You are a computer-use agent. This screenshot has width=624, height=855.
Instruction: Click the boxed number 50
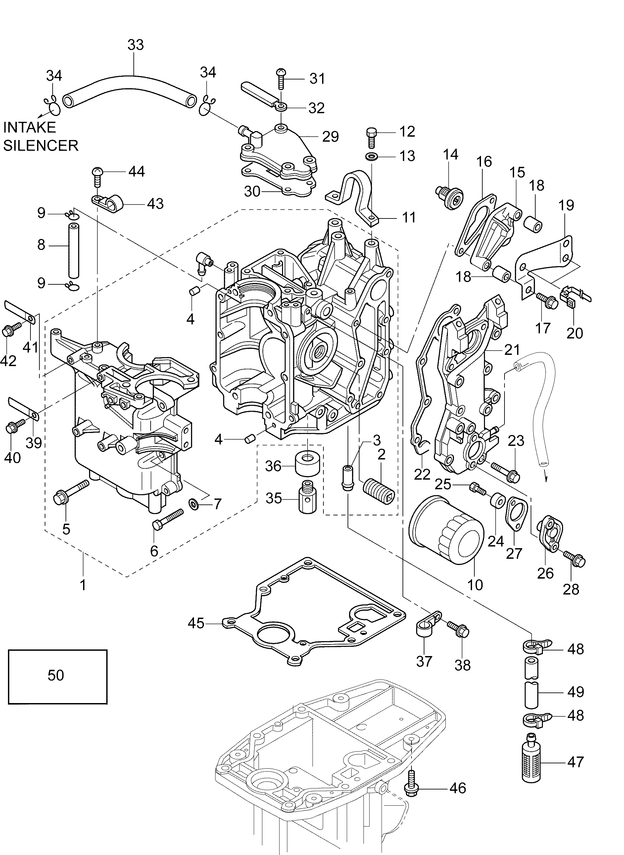pos(56,675)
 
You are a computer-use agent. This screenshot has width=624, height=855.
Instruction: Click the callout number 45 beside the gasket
pos(196,623)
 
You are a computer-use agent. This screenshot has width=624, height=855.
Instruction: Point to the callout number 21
pos(512,350)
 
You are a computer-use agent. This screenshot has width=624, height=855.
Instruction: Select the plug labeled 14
pos(451,196)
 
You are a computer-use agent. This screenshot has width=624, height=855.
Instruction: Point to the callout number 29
pos(330,137)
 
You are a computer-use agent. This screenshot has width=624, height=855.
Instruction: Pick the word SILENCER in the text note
pos(41,145)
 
